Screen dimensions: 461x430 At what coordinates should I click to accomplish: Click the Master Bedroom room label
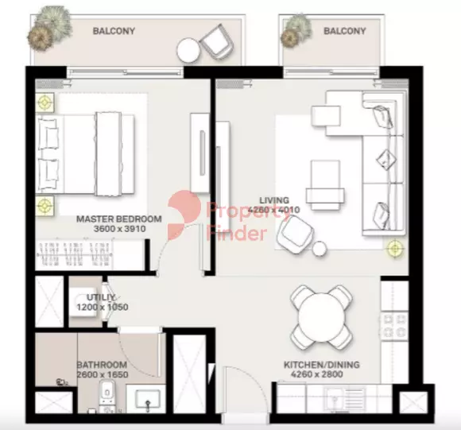click(118, 219)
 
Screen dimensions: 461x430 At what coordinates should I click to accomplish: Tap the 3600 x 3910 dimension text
click(120, 229)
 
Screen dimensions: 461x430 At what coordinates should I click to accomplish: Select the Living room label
click(274, 200)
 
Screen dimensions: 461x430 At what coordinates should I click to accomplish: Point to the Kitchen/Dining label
click(322, 365)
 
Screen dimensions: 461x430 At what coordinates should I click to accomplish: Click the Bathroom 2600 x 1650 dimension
click(103, 374)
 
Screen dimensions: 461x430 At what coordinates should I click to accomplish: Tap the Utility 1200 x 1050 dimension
click(103, 307)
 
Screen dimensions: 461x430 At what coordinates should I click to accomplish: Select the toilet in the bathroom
click(107, 396)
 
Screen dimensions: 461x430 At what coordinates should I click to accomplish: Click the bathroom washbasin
click(148, 399)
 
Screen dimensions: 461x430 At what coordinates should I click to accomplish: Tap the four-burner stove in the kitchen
click(394, 326)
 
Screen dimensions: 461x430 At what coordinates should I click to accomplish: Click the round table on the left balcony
click(188, 50)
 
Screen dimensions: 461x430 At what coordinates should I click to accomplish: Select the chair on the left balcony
click(217, 42)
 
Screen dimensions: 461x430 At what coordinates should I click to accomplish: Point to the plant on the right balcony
click(296, 30)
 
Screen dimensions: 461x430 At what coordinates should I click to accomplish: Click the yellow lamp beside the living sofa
click(394, 249)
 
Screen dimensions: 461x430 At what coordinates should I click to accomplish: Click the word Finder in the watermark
click(237, 234)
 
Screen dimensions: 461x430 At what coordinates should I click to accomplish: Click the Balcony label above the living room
click(345, 31)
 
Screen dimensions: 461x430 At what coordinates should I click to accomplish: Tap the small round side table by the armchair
click(320, 249)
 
